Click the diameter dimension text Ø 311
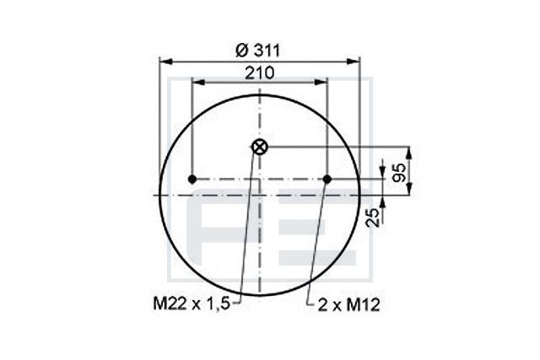tap(258, 50)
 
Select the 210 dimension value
tap(259, 73)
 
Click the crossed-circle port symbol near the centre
tap(259, 147)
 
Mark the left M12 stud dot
tap(192, 180)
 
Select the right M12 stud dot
tap(327, 180)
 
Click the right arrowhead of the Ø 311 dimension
tap(355, 61)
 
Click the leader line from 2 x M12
tap(316, 236)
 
